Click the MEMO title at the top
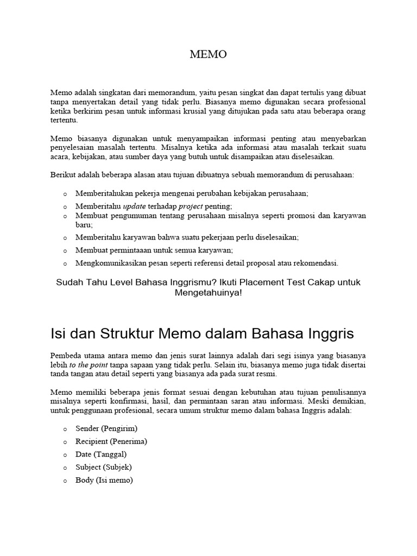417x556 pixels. click(208, 54)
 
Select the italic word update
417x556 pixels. click(135, 206)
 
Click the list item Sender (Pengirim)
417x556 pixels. click(106, 428)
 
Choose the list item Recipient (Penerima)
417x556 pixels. click(111, 441)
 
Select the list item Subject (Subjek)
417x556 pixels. click(104, 467)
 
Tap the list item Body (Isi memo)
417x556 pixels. click(104, 480)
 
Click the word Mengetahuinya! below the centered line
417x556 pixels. click(208, 293)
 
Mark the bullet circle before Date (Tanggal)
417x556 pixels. click(65, 455)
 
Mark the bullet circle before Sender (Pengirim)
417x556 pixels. click(65, 429)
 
